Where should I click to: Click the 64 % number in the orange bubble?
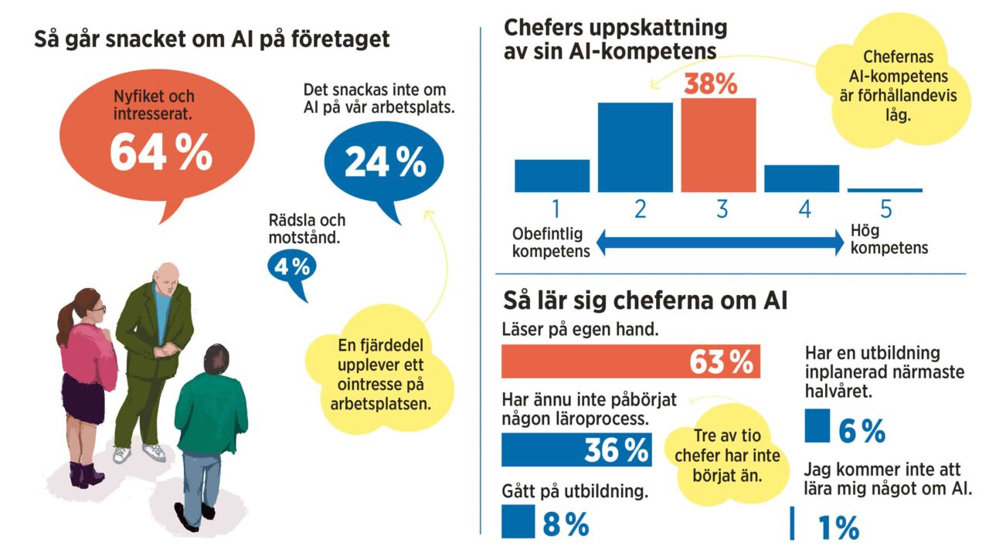pyautogui.click(x=161, y=152)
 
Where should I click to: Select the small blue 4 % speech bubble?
pyautogui.click(x=291, y=267)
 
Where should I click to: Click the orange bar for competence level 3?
pyautogui.click(x=718, y=145)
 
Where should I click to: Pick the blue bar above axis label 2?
pyautogui.click(x=635, y=147)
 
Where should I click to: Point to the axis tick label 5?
pyautogui.click(x=885, y=209)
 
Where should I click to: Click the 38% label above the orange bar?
pyautogui.click(x=710, y=83)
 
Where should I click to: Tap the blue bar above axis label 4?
pyautogui.click(x=801, y=178)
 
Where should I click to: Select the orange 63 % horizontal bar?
pyautogui.click(x=630, y=361)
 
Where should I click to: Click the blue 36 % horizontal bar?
pyautogui.click(x=576, y=450)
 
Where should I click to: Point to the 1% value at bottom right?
pyautogui.click(x=838, y=528)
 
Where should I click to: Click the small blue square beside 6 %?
pyautogui.click(x=817, y=426)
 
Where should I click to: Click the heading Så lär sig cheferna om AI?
pyautogui.click(x=644, y=300)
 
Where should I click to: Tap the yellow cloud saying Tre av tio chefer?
pyautogui.click(x=726, y=455)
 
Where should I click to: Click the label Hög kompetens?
pyautogui.click(x=889, y=239)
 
